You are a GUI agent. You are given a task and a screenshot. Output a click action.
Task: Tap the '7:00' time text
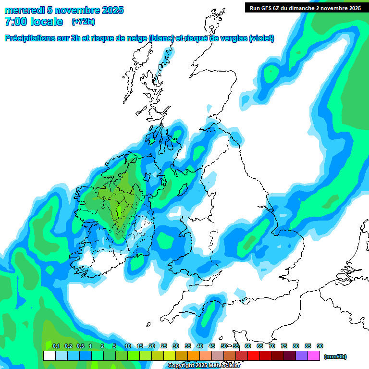click(15, 22)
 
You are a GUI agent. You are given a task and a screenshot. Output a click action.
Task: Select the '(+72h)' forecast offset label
click(83, 22)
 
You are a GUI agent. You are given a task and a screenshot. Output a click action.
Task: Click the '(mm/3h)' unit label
click(335, 357)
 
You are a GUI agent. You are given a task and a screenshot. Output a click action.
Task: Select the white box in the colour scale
click(49, 356)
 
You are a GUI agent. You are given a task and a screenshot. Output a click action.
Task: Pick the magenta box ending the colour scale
click(314, 356)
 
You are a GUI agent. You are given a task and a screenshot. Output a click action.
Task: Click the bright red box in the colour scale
click(254, 356)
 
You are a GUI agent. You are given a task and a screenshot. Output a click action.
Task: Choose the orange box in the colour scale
click(194, 356)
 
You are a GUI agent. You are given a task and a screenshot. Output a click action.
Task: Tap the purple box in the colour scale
click(302, 356)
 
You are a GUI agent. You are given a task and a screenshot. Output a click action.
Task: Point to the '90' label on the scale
click(320, 346)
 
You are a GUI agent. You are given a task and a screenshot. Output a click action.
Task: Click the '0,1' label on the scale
click(56, 346)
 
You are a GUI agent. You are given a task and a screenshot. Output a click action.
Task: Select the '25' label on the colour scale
click(164, 346)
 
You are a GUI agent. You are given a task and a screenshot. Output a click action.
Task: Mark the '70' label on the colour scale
click(272, 346)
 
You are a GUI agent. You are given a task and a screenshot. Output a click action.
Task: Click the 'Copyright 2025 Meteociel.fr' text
click(204, 366)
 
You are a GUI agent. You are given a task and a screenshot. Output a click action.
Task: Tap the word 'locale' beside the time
click(46, 22)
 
